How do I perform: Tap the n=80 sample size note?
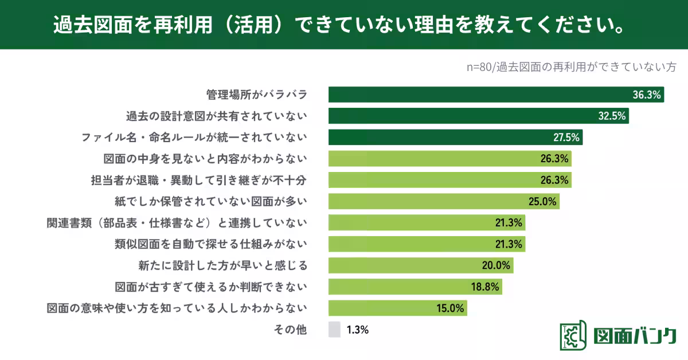571,66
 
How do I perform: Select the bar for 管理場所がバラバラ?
496,95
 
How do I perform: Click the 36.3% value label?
647,95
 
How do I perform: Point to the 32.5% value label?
612,116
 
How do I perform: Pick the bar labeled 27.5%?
456,138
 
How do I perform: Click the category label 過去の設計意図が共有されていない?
217,116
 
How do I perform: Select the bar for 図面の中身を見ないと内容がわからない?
449,159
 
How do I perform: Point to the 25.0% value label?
542,201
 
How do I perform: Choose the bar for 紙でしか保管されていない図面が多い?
443,201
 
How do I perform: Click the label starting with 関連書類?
177,223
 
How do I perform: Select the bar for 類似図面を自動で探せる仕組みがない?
427,244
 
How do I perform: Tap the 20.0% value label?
496,265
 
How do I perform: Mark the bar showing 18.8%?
415,287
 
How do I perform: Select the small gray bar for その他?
334,330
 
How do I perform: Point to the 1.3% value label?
357,330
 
